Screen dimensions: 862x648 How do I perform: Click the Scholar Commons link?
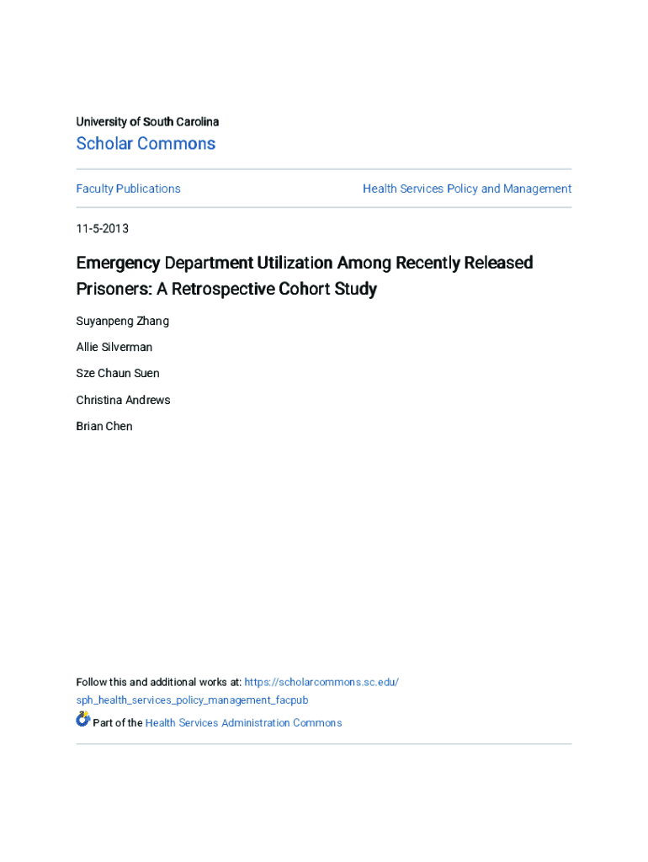(146, 144)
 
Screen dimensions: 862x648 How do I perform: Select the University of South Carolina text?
(147, 122)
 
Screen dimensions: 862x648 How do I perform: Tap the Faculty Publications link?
(128, 189)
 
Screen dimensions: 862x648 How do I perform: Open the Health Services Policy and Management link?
(467, 189)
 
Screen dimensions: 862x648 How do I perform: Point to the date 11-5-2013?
(102, 228)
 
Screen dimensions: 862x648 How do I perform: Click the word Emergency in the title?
(118, 263)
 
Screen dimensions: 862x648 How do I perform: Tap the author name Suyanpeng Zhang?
(122, 321)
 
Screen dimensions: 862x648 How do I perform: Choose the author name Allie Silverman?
(114, 347)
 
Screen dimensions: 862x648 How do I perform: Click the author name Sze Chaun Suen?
(118, 373)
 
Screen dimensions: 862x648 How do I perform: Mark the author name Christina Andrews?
(123, 400)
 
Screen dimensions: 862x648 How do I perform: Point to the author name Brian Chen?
(104, 426)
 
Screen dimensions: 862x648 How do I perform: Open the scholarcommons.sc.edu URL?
(321, 682)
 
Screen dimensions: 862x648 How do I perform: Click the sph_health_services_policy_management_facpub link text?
(192, 700)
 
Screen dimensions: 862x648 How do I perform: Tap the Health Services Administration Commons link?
(243, 723)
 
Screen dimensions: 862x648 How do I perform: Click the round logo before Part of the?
(82, 720)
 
